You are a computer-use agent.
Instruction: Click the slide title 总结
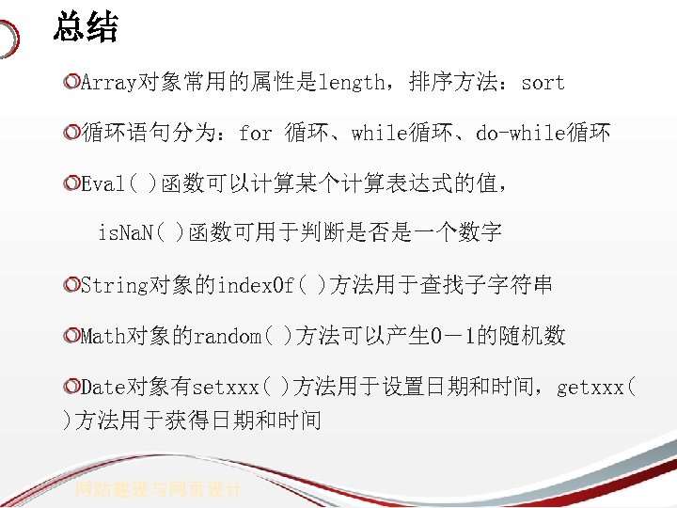tap(86, 26)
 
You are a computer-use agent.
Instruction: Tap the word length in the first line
tap(352, 83)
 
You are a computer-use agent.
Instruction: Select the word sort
tap(543, 83)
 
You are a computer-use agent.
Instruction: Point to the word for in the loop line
tap(255, 134)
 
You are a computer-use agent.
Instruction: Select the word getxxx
tap(590, 387)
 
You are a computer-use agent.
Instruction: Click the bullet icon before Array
tap(71, 83)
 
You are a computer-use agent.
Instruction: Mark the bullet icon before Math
tap(71, 336)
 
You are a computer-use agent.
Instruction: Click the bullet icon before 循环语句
tap(71, 134)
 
